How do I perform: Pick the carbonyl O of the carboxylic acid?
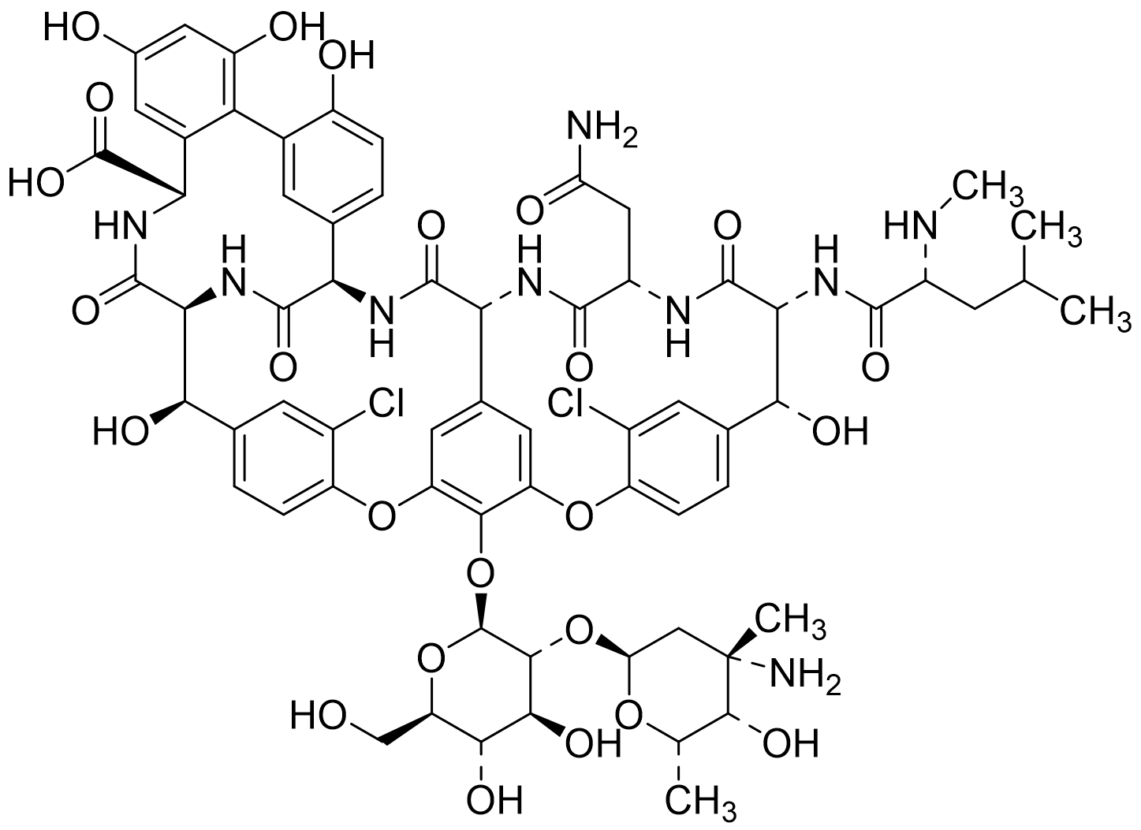99,99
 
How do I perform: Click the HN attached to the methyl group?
910,225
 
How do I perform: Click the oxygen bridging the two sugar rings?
579,631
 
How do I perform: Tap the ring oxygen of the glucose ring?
431,659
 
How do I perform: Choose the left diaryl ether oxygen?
382,516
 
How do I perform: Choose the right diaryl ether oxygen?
579,516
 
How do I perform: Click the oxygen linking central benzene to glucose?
480,573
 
